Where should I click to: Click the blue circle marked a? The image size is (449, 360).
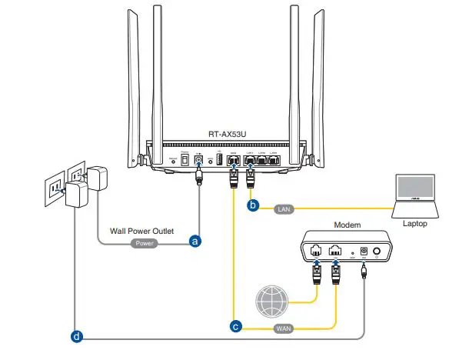pyautogui.click(x=195, y=242)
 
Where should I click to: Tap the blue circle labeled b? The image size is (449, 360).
pyautogui.click(x=251, y=206)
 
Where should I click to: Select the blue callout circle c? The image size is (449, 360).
pyautogui.click(x=237, y=326)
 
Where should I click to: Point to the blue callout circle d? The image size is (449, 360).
pyautogui.click(x=75, y=336)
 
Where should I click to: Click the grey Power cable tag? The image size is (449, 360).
pyautogui.click(x=145, y=242)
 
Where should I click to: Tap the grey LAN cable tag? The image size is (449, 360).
pyautogui.click(x=284, y=207)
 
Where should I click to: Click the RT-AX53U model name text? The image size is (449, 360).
pyautogui.click(x=228, y=134)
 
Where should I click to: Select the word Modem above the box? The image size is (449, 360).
pyautogui.click(x=348, y=224)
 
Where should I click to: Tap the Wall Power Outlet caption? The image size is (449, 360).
pyautogui.click(x=141, y=230)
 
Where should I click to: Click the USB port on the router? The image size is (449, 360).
pyautogui.click(x=218, y=159)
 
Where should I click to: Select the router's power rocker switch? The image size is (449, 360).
pyautogui.click(x=185, y=159)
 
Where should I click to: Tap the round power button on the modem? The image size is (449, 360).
pyautogui.click(x=377, y=251)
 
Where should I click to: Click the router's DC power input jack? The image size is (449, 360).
pyautogui.click(x=199, y=159)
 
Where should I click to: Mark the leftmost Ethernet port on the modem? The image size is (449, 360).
pyautogui.click(x=315, y=250)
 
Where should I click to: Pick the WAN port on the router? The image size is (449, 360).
pyautogui.click(x=233, y=160)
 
